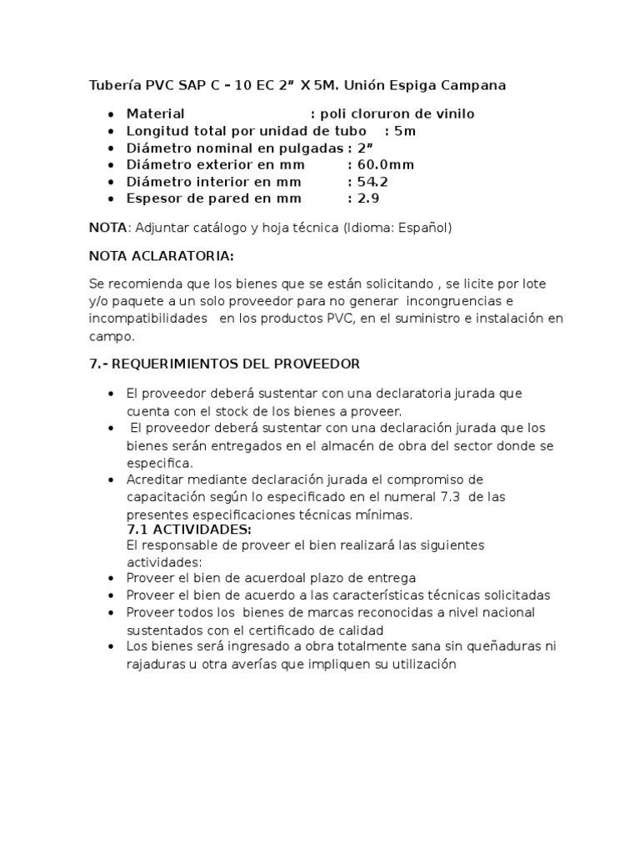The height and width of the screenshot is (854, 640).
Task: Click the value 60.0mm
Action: pos(386,164)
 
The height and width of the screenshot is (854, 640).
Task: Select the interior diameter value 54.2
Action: pos(372,181)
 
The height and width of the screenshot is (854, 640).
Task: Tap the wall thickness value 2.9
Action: pos(368,198)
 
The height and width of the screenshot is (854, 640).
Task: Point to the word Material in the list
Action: pos(155,113)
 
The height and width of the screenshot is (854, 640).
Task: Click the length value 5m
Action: pos(405,131)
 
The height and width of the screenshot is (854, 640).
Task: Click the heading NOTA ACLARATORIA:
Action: pos(162,254)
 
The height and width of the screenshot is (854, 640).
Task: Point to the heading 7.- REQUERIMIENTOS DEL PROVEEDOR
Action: pos(224,364)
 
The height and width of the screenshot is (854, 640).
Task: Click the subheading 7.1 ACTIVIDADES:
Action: pos(188,530)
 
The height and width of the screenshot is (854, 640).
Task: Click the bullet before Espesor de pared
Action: pos(110,198)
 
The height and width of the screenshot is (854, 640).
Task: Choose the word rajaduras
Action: pos(156,664)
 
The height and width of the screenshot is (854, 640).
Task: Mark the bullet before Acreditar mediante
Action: pos(110,480)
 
